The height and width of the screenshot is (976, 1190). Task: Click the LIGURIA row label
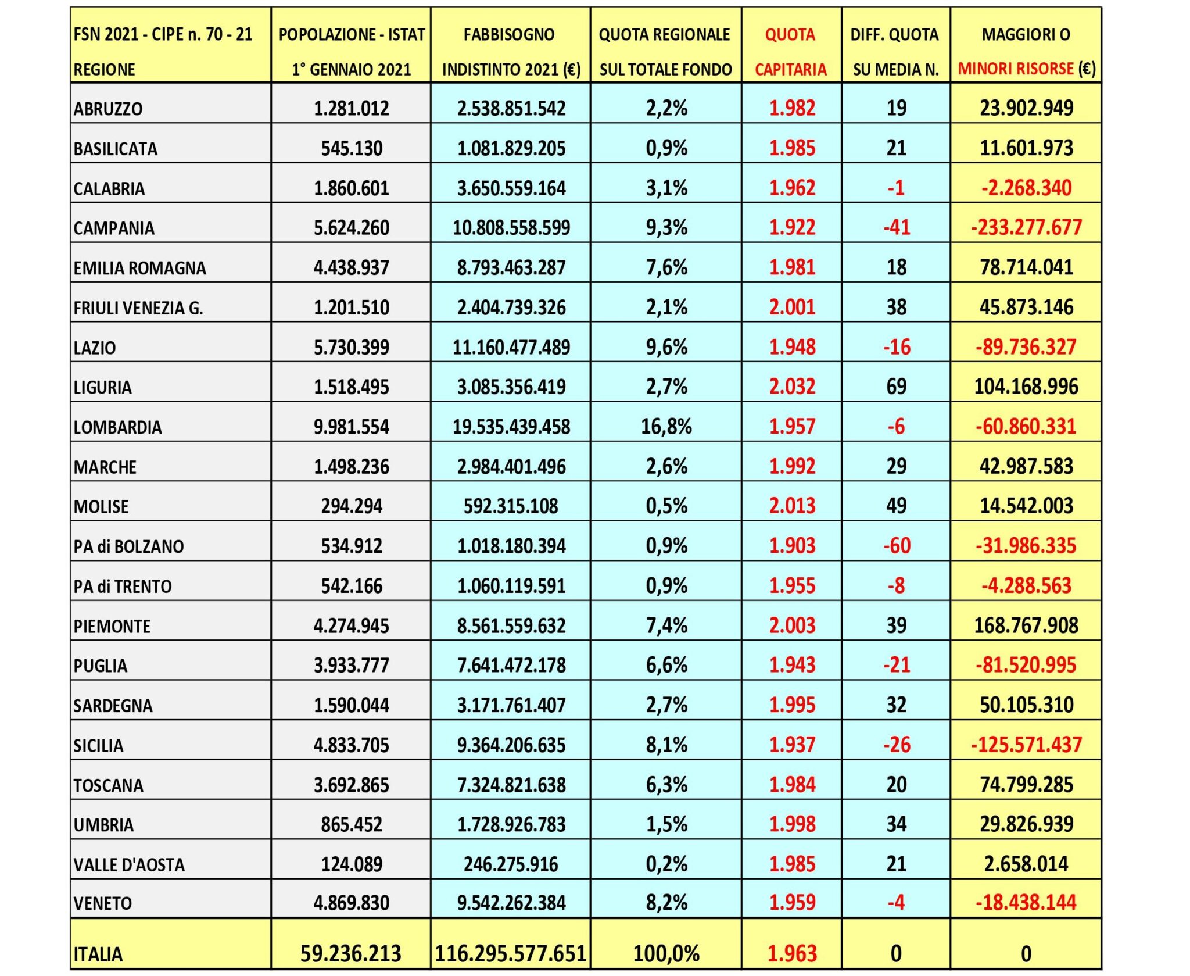pos(103,387)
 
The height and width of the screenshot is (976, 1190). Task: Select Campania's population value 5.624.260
pos(352,227)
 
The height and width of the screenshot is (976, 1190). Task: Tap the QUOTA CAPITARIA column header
pos(790,52)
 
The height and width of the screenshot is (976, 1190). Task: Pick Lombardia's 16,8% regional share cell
pos(666,427)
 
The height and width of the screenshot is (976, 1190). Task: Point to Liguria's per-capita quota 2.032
pos(792,387)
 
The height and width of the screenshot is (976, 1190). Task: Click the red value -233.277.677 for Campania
pos(1026,227)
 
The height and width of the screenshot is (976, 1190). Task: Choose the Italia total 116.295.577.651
pos(511,953)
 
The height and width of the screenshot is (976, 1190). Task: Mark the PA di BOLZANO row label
pos(128,546)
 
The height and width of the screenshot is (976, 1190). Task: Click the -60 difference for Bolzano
pos(896,546)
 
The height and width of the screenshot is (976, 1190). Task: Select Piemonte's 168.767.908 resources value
pos(1026,625)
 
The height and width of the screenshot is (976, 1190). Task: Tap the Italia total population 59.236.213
pos(351,953)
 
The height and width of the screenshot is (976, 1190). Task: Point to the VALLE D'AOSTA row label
pos(129,865)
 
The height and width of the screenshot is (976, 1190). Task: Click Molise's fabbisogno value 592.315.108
pos(511,506)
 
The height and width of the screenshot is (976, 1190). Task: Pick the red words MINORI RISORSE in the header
pos(1016,69)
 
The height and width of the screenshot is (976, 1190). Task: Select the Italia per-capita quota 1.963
pos(792,953)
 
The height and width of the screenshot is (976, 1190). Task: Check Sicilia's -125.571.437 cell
pos(1026,745)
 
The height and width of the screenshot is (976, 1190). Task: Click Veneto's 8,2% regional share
pos(666,903)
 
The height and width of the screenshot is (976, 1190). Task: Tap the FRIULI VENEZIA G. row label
pos(138,308)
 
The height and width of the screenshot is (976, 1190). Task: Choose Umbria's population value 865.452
pos(352,824)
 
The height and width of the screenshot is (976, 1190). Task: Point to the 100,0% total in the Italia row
pos(666,953)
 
